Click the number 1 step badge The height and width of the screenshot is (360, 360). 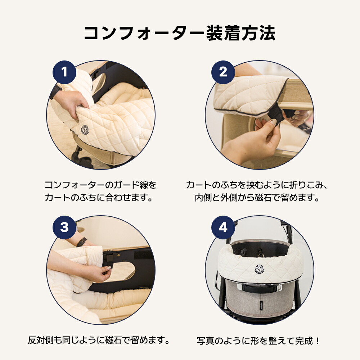click(x=64, y=72)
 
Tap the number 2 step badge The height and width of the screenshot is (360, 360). click(x=223, y=72)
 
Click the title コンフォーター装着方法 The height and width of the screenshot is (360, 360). click(x=180, y=33)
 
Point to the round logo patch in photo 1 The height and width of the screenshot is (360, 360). click(x=85, y=129)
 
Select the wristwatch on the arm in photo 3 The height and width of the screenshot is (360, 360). click(x=82, y=242)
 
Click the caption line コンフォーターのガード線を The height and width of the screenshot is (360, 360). click(x=100, y=185)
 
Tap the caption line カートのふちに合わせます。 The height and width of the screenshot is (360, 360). click(x=100, y=198)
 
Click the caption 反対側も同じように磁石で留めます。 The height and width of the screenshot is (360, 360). click(x=99, y=340)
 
